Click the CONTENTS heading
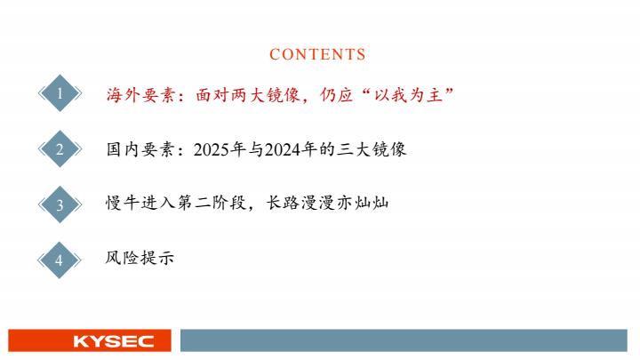317,54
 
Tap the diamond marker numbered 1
60,93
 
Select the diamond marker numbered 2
60,149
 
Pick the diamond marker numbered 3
60,204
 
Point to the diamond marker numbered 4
60,260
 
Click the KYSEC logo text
114,341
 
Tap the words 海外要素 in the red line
140,95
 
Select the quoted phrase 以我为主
409,95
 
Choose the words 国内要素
140,149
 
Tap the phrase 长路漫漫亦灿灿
327,203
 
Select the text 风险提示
140,258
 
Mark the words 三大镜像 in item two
372,149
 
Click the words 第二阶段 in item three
212,203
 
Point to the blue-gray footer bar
404,340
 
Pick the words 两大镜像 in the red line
266,95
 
